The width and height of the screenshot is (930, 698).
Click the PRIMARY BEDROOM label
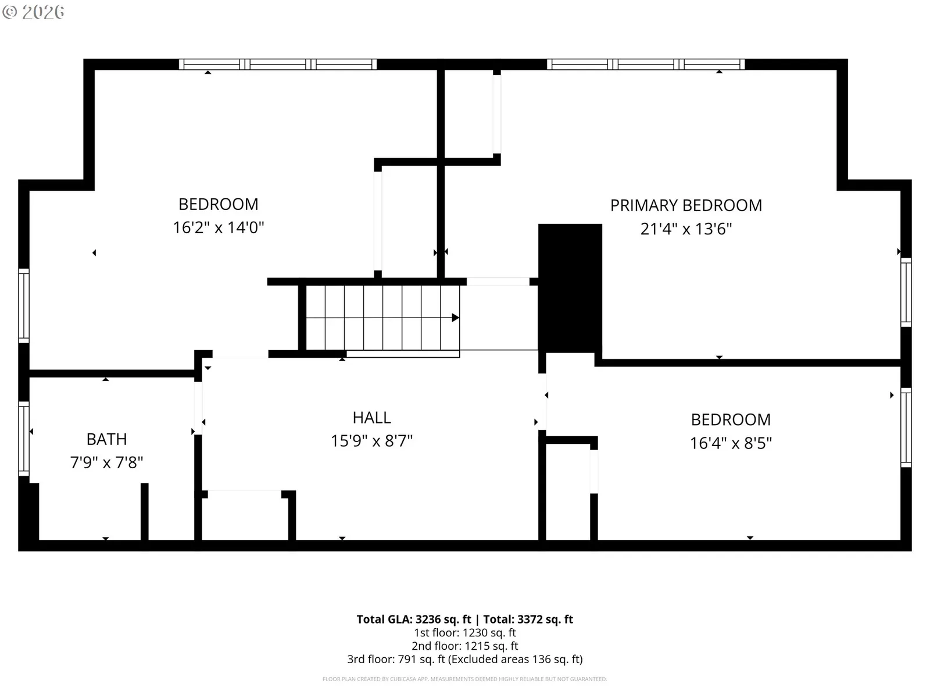tap(686, 205)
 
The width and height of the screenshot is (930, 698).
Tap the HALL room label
tap(371, 418)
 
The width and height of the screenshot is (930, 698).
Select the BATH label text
tap(107, 440)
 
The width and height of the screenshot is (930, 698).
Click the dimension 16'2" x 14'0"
tap(218, 227)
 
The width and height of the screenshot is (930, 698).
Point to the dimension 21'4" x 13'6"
tap(686, 229)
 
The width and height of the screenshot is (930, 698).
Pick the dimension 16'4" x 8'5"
tap(731, 443)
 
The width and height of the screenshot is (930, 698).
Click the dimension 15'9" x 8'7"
tap(371, 441)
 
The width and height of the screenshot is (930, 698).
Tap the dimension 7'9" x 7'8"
tap(107, 462)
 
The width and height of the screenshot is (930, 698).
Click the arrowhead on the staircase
tap(456, 318)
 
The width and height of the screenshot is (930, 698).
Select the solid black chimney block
tap(570, 288)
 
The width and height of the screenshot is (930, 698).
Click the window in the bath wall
tap(24, 439)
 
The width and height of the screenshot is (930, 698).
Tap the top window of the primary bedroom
tap(646, 65)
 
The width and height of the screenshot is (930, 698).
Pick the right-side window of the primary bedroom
tap(906, 293)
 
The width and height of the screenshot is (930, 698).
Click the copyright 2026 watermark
tap(33, 12)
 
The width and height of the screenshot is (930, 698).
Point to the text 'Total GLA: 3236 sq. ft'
tap(413, 619)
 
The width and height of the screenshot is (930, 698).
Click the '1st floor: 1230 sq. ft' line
tap(465, 633)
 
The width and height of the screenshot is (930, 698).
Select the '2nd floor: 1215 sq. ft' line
tap(465, 646)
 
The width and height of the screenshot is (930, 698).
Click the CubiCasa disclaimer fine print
tap(465, 679)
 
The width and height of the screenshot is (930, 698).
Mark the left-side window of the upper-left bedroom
tap(24, 306)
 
